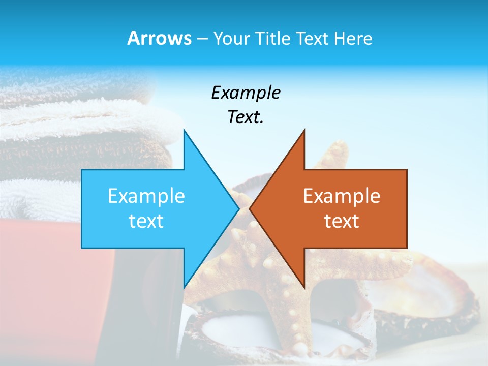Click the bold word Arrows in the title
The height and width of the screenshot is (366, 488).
[159, 38]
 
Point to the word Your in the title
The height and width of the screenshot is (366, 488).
[231, 39]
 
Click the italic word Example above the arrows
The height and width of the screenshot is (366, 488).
[246, 93]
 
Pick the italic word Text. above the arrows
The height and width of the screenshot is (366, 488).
[246, 117]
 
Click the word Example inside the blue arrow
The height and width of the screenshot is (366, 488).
[146, 196]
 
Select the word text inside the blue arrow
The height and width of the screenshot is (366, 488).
[146, 221]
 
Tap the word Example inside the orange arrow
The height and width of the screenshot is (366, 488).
[342, 196]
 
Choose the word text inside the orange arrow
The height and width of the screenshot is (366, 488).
[342, 221]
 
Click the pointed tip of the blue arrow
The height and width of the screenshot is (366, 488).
[238, 208]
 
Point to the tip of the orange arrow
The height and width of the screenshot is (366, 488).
[250, 208]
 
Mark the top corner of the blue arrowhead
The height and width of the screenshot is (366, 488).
[184, 130]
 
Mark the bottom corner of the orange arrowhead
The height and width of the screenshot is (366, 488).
[304, 288]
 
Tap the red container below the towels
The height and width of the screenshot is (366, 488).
[51, 285]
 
